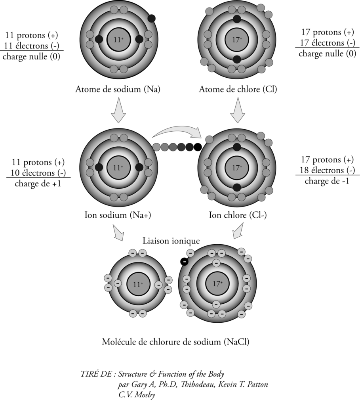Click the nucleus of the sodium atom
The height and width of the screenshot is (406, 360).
[x=119, y=40]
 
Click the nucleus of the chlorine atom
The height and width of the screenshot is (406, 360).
[x=237, y=40]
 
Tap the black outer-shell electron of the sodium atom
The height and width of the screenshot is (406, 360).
[x=152, y=18]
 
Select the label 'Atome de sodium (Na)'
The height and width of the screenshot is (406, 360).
[x=118, y=89]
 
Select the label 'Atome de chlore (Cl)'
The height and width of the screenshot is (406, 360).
[x=238, y=89]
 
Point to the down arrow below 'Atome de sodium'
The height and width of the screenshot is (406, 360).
[x=118, y=110]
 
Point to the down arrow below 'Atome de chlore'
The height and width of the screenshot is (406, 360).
[x=237, y=110]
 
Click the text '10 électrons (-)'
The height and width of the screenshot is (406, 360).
[x=38, y=173]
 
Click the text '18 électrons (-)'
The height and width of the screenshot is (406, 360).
[x=327, y=170]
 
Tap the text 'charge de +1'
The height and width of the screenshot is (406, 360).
[x=38, y=184]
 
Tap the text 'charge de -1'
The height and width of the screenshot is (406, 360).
[x=327, y=181]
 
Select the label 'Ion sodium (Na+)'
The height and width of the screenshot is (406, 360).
[x=118, y=215]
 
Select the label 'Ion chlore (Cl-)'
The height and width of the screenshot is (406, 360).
[x=238, y=215]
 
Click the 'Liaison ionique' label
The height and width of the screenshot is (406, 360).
[x=171, y=241]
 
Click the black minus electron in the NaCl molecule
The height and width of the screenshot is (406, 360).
[x=185, y=262]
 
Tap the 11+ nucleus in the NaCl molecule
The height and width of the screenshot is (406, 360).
[x=138, y=284]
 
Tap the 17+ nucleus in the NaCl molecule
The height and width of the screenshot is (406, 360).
[x=217, y=283]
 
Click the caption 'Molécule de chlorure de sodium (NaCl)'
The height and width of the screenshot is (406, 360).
[x=175, y=342]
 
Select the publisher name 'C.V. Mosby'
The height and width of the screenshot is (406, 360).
[x=137, y=395]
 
